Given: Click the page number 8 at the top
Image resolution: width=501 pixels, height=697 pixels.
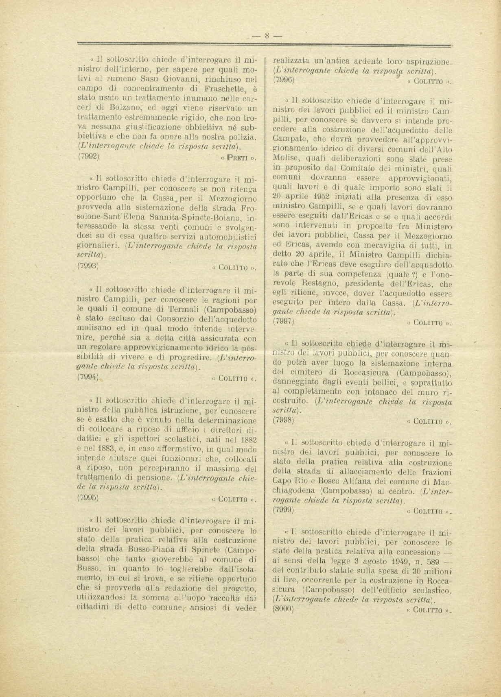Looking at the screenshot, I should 267,35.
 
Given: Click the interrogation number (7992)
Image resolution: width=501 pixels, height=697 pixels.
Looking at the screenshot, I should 88,155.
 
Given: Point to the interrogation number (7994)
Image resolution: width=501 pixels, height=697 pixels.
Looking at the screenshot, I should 88,376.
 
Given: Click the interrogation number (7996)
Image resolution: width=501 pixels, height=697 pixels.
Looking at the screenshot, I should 283,79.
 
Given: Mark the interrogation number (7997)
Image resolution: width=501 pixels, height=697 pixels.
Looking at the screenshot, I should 283,321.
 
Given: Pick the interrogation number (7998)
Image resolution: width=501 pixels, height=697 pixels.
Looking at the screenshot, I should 283,420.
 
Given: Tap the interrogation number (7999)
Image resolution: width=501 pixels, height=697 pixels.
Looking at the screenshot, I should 283,509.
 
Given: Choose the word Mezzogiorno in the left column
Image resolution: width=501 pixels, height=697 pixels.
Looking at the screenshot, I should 232,199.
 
